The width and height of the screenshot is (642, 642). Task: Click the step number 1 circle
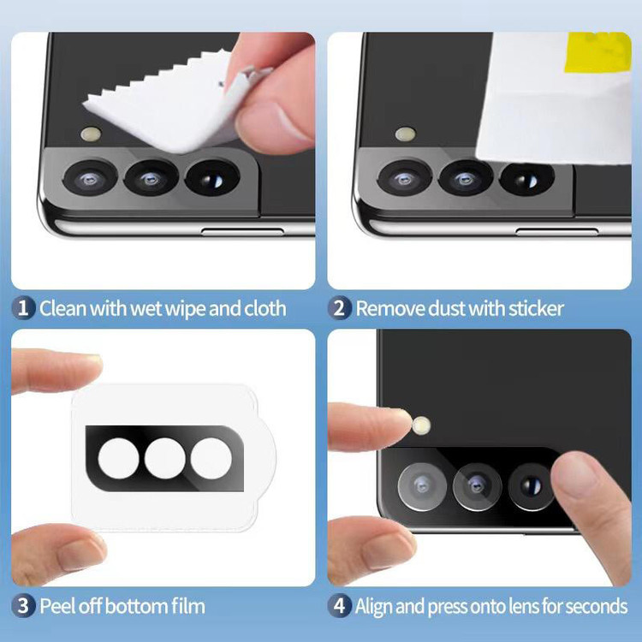(23, 308)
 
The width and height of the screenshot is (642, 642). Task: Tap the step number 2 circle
(340, 308)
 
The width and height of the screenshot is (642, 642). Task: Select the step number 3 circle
(23, 606)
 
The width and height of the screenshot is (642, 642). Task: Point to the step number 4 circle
(340, 606)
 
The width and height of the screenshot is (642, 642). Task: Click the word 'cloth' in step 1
(265, 308)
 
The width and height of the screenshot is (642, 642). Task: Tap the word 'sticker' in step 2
(536, 308)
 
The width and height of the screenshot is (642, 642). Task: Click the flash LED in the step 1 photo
(92, 134)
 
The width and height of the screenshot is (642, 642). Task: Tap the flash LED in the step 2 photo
(406, 134)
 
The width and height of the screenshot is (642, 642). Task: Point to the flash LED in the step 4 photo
(421, 425)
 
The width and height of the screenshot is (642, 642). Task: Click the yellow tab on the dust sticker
(597, 51)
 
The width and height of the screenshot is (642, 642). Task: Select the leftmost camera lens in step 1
(90, 178)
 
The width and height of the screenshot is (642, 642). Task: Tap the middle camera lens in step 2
(466, 179)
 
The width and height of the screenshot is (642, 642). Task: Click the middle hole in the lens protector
(164, 458)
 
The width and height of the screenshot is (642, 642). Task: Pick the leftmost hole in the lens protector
(119, 458)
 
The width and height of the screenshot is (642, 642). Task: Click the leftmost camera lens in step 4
(422, 487)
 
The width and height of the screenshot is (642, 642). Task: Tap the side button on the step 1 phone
(242, 232)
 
